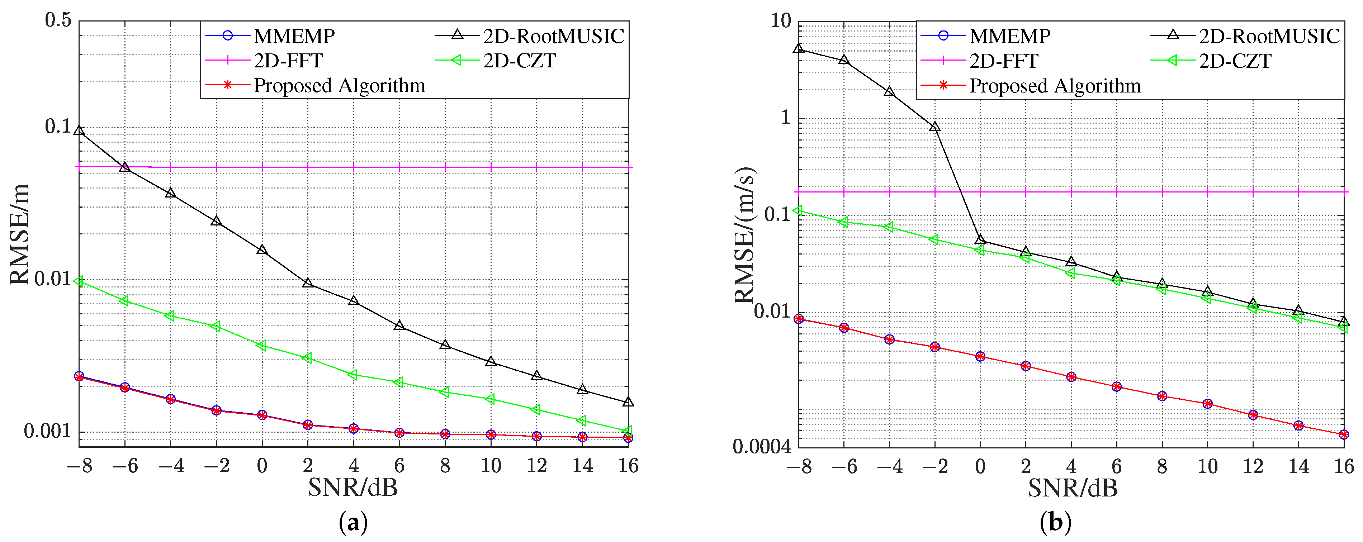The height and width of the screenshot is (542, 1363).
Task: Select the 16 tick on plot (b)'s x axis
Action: tap(1343, 466)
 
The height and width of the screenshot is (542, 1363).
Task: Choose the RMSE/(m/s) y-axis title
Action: tap(745, 235)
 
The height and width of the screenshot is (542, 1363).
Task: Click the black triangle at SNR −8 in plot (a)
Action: tap(79, 130)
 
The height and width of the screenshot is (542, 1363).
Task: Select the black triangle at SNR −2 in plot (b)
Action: tap(935, 127)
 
